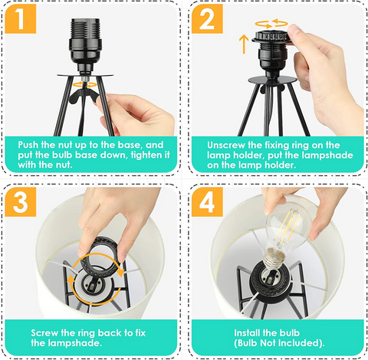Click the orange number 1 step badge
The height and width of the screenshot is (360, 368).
coord(20,18)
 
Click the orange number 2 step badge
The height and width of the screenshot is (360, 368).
coord(207,18)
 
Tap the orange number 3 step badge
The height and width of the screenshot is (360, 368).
coord(20,202)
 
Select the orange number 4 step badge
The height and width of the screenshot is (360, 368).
coord(207,202)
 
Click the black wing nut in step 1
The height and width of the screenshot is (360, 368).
coord(83,95)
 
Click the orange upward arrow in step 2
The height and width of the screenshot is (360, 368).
coord(244,44)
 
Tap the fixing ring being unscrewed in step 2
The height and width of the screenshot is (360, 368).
coord(272,37)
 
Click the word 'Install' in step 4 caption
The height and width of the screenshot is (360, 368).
coord(247,333)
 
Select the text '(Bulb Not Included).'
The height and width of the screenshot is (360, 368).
coord(279,343)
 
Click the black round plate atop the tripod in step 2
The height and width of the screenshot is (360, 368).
coord(272,80)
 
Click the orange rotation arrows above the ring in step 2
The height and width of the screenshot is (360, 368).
coord(271,24)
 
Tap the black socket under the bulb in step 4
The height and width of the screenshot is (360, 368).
coord(271,282)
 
